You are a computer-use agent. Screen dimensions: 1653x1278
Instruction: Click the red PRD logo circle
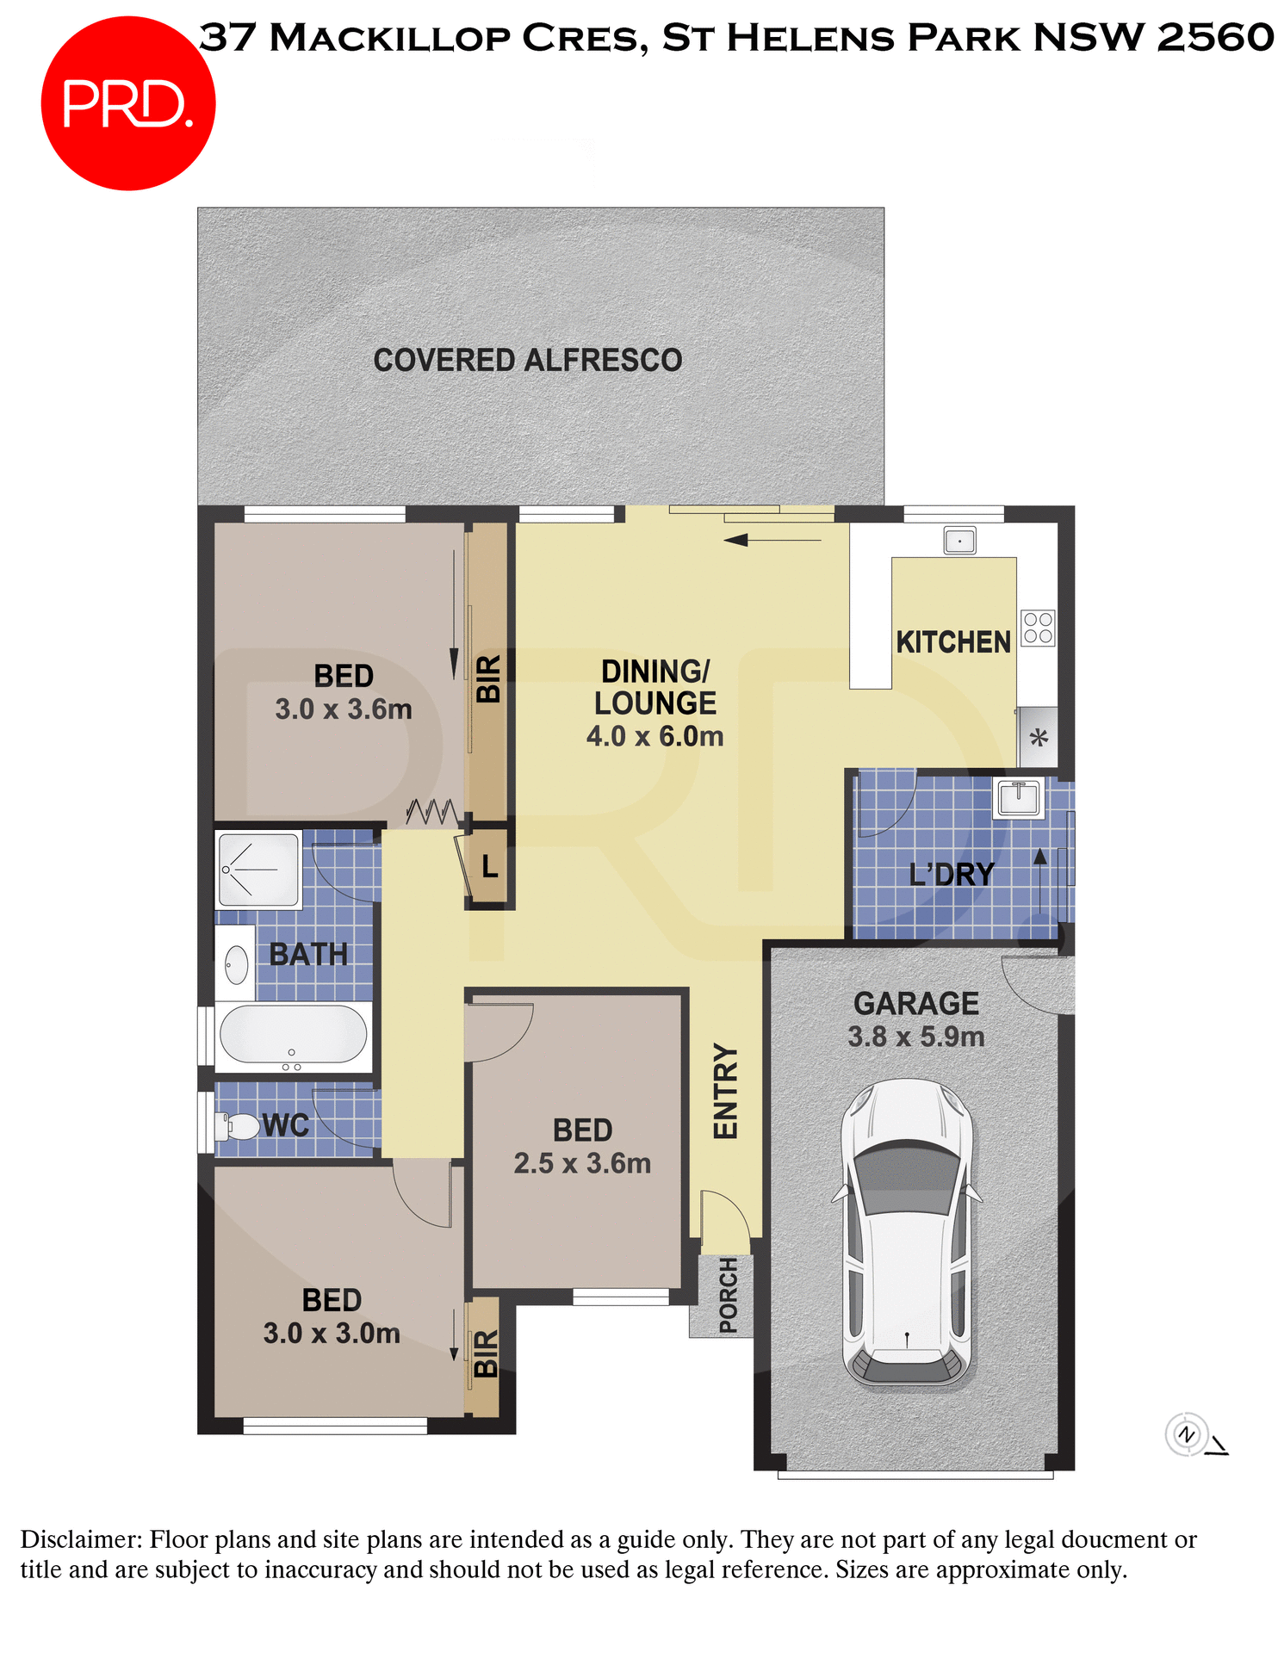point(127,103)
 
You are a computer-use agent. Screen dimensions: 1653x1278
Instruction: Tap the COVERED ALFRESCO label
point(527,360)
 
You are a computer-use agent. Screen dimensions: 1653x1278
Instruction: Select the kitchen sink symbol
point(959,541)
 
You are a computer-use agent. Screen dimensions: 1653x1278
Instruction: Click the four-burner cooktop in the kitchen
point(1038,628)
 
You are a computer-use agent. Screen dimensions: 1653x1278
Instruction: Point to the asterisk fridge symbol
point(1039,738)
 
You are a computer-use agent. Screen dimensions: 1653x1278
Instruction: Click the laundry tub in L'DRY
point(1018,797)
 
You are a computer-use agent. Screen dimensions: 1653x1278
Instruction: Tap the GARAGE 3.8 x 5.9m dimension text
point(915,1037)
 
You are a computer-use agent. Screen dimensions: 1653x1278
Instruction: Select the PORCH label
point(728,1295)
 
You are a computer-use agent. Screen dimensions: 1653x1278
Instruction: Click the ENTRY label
point(726,1091)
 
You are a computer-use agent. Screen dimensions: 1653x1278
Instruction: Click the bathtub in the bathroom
point(293,1034)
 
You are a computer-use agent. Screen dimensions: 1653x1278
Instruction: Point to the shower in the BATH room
point(257,869)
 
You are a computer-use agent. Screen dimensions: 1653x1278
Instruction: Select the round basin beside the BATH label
point(236,964)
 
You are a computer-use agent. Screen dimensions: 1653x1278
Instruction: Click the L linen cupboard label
point(489,866)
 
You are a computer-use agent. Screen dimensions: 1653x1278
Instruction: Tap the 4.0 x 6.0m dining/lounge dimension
point(655,736)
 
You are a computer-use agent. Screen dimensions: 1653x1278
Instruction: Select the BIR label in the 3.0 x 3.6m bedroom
point(488,678)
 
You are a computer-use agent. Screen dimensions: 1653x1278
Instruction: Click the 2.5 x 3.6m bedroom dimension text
point(582,1163)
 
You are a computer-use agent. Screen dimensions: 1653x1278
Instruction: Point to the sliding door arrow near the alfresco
point(772,541)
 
